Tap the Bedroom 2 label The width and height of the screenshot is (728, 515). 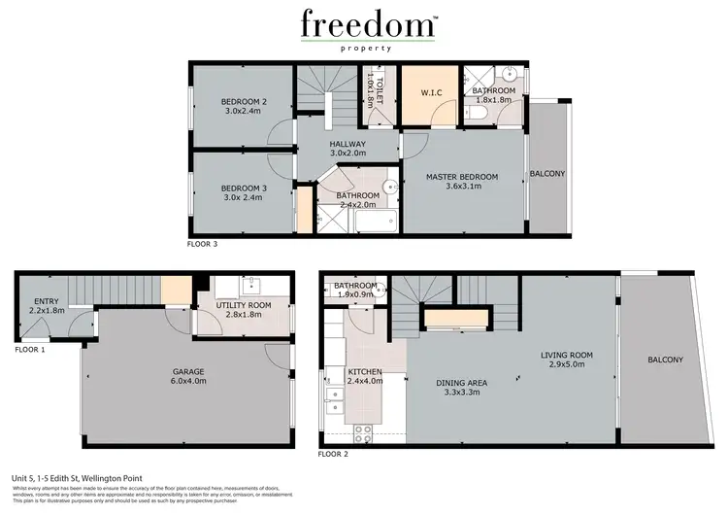(x=243, y=107)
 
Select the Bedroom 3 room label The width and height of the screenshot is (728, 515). (x=243, y=193)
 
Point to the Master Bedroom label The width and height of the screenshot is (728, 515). (x=462, y=182)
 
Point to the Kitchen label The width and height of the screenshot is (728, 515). (x=365, y=377)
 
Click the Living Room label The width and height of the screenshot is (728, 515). (x=567, y=360)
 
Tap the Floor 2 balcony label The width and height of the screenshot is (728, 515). (x=666, y=360)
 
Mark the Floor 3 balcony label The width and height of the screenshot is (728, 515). (x=547, y=174)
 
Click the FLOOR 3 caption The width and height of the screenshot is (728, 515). (x=202, y=244)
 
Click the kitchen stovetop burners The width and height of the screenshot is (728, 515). (x=364, y=433)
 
